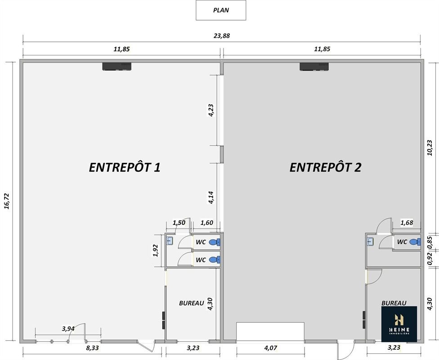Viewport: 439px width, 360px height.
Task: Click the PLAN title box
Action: (221, 10)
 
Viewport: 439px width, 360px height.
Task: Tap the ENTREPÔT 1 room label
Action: (125, 167)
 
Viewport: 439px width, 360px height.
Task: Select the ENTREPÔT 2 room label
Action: (325, 167)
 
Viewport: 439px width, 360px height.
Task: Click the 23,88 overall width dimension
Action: (221, 36)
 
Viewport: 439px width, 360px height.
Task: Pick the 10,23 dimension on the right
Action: (430, 148)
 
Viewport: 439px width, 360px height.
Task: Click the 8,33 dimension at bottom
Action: (92, 348)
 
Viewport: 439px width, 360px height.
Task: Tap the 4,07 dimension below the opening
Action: (270, 348)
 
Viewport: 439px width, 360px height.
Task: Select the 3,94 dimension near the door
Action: (68, 328)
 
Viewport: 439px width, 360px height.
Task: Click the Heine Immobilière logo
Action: (399, 324)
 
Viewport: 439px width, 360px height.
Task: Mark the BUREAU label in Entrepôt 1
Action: (192, 303)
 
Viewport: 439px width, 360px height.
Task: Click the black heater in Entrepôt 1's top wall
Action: (117, 67)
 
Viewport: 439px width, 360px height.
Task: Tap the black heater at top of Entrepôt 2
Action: (314, 67)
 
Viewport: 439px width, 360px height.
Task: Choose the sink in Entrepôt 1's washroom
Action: (170, 241)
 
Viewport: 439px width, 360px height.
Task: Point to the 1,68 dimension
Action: (407, 223)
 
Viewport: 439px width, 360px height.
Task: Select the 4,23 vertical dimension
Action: (211, 110)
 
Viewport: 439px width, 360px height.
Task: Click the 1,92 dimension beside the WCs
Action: (156, 251)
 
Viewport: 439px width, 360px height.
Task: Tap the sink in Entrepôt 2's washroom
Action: (370, 241)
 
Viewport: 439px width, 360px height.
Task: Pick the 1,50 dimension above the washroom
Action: (179, 223)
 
